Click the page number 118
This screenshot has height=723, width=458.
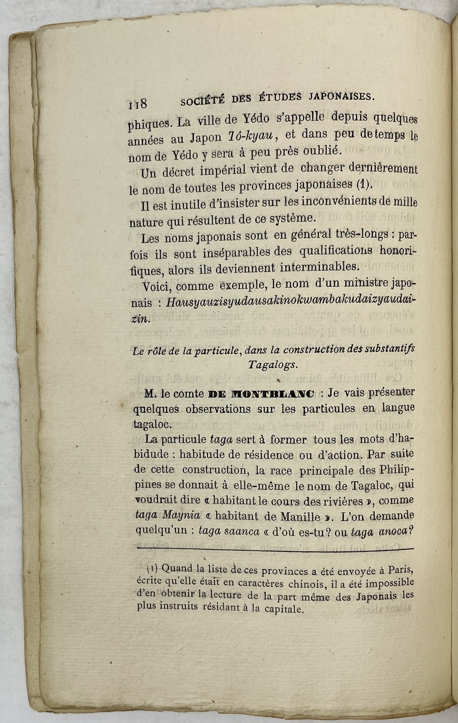coord(137,104)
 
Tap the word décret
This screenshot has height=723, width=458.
coord(180,172)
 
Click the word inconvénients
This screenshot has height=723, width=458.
coord(331,201)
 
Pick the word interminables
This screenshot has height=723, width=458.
coord(319,267)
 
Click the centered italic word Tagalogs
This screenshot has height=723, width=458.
coord(273,365)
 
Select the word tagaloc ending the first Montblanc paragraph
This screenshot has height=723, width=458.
coord(153,424)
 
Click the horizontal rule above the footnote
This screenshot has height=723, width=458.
coord(275,549)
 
